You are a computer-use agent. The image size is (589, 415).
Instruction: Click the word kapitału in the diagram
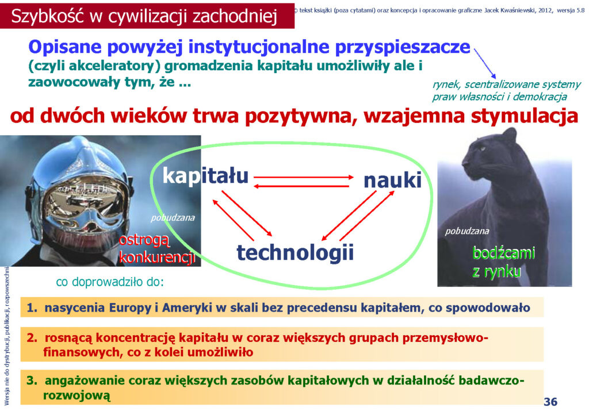[x=205, y=176]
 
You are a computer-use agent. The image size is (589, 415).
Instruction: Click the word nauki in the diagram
[x=392, y=180]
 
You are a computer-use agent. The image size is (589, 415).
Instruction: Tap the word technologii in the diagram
[x=295, y=252]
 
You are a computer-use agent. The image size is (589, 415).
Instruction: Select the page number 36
[x=550, y=401]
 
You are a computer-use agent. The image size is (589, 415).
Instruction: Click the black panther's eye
[x=481, y=149]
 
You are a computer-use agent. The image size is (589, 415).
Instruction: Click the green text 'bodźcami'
[x=503, y=253]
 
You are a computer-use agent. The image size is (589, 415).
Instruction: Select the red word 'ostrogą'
[x=144, y=240]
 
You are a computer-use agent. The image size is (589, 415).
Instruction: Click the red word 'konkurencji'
[x=157, y=258]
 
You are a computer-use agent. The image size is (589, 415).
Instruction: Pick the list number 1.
[x=32, y=308]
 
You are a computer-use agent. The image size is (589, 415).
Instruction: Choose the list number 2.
[x=32, y=338]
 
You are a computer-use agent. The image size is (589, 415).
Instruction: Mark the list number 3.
[x=32, y=381]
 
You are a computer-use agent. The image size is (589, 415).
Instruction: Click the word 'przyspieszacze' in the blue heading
[x=402, y=48]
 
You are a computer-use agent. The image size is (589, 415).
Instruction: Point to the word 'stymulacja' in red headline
[x=525, y=116]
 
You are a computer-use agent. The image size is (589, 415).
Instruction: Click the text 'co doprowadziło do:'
[x=110, y=282]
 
